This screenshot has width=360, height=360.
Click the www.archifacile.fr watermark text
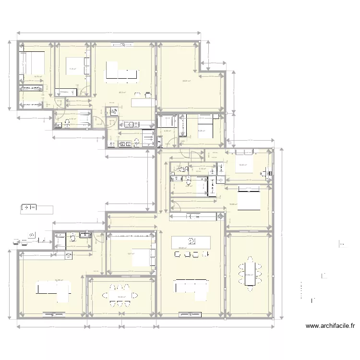coord(330,326)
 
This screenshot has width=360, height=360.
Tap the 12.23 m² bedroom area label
coord(244,165)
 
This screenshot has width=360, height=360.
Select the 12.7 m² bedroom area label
coord(130,254)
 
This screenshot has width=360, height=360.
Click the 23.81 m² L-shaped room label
coord(186,81)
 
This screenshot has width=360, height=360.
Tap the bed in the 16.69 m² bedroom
coord(250,200)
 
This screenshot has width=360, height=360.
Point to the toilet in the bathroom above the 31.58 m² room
coord(72,237)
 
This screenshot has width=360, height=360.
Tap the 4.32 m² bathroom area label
coord(168,130)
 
